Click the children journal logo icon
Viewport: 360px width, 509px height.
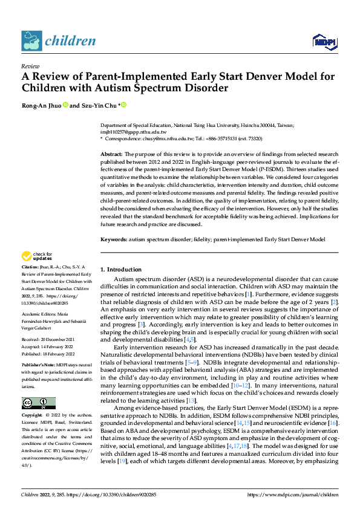tap(31, 41)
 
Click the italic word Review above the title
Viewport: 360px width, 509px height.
tap(30, 66)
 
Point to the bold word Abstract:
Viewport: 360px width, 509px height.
tap(111, 155)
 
